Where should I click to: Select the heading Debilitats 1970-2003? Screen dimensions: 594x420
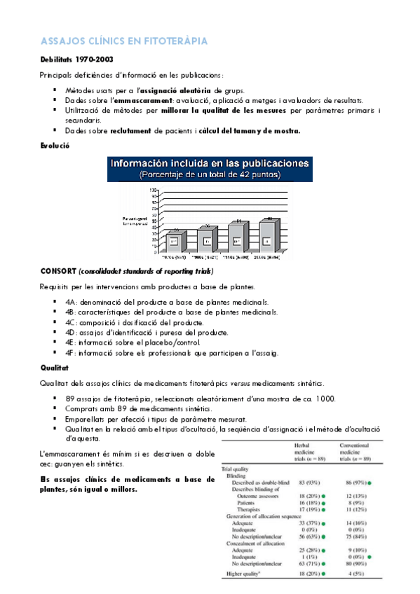[x=76, y=60]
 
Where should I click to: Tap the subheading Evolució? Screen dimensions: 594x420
[x=55, y=146]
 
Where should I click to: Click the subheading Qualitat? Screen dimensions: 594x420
[x=55, y=366]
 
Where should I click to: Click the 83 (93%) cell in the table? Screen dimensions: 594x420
[x=310, y=483]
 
